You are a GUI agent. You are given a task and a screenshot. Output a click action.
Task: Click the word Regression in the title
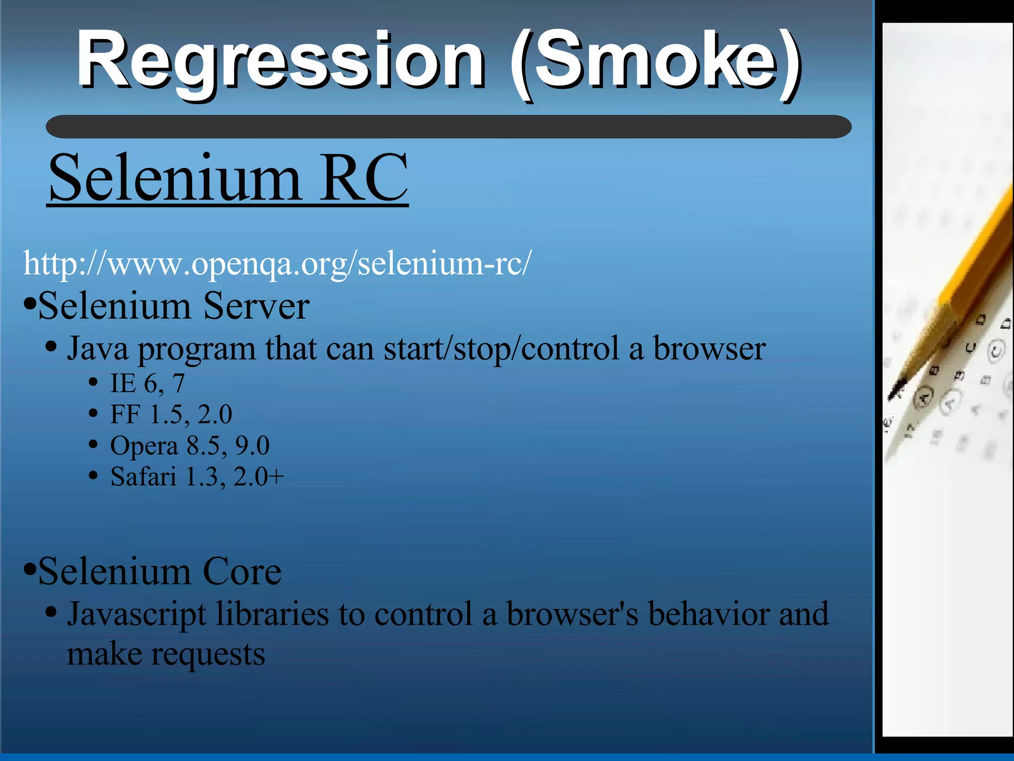click(280, 62)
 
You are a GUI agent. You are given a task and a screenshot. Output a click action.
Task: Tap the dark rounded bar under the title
click(448, 127)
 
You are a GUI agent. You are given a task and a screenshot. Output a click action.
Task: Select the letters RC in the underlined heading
click(364, 178)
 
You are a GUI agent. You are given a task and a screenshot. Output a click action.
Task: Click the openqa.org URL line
click(277, 264)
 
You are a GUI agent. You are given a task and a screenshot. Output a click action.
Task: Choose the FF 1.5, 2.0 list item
click(171, 414)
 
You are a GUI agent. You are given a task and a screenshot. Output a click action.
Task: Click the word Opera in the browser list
click(144, 446)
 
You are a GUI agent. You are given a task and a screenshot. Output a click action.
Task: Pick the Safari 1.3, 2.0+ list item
click(197, 477)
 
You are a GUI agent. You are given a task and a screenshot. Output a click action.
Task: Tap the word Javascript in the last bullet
click(136, 615)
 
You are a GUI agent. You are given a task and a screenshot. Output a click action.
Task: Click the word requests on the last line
click(208, 655)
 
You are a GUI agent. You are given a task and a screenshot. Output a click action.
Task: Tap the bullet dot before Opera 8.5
click(93, 445)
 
